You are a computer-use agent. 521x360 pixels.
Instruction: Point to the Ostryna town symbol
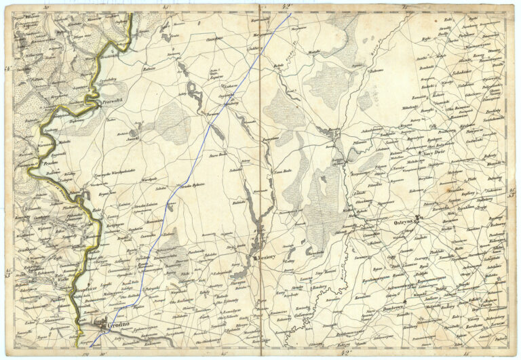[419, 218]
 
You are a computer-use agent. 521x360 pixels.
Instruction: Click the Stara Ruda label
[218, 155]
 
